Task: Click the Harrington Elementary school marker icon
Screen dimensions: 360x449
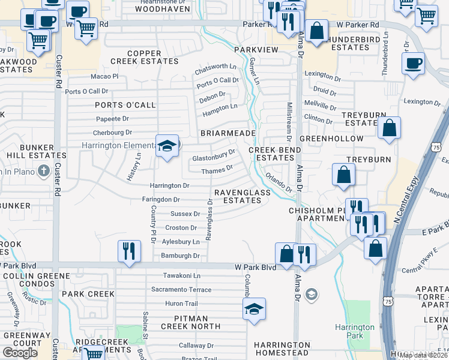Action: (x=167, y=145)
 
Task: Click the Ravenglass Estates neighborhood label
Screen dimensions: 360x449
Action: (x=238, y=196)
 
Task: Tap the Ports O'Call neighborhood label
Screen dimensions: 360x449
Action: (x=125, y=105)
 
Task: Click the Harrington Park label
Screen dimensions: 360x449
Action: (x=355, y=331)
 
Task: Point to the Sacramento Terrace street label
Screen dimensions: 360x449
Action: (x=181, y=289)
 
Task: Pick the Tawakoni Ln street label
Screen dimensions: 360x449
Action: (x=181, y=275)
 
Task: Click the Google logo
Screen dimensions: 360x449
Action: (x=20, y=352)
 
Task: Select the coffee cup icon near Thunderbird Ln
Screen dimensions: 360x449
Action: (x=413, y=63)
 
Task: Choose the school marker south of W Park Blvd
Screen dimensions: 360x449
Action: (x=254, y=309)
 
